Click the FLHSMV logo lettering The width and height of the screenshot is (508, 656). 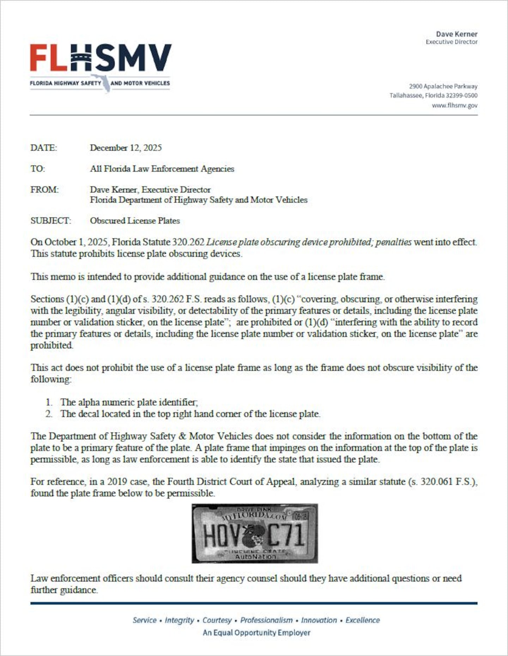click(x=101, y=58)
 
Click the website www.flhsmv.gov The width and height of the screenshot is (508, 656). click(x=454, y=105)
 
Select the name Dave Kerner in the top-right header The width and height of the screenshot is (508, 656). click(x=456, y=34)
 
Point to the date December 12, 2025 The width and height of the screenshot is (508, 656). click(x=126, y=148)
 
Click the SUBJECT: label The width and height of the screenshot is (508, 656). click(x=50, y=221)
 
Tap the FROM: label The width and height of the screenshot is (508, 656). click(x=44, y=190)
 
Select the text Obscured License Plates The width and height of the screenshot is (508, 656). click(x=135, y=221)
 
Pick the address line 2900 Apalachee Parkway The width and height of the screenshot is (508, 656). click(x=443, y=86)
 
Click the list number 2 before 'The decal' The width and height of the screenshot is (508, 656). click(x=49, y=414)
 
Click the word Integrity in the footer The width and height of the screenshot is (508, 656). click(x=179, y=620)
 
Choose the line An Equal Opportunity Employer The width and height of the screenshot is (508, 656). click(x=256, y=632)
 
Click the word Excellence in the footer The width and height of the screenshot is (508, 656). click(x=363, y=620)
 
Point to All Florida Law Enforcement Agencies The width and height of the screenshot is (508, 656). click(x=162, y=169)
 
